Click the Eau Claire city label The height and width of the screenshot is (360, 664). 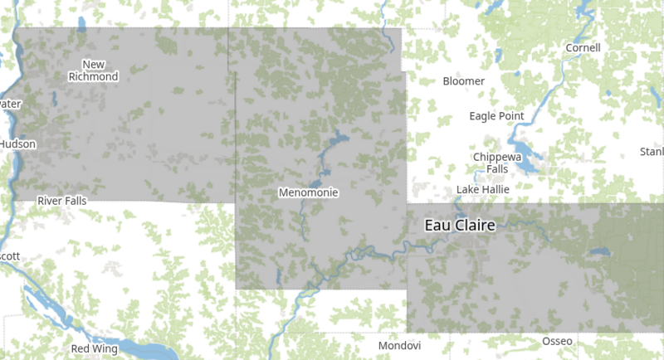click(459, 226)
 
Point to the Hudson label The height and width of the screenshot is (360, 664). click(17, 144)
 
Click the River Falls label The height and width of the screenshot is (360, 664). click(61, 201)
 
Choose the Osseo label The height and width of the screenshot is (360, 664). click(557, 342)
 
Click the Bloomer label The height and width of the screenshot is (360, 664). click(462, 81)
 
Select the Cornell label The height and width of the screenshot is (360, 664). click(583, 47)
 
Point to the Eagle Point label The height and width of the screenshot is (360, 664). click(496, 116)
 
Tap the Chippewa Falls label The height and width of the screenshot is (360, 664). click(496, 163)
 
